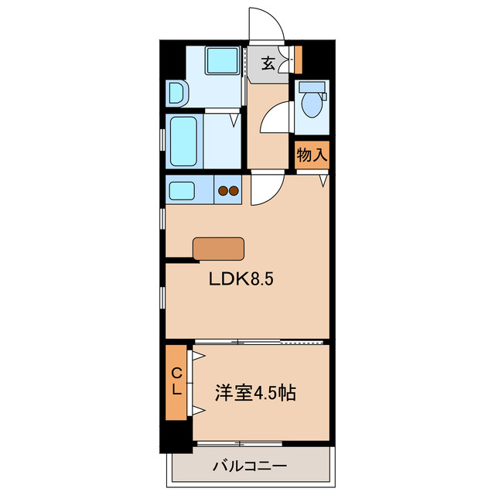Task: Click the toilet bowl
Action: point(312,105)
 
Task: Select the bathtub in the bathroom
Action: point(184,141)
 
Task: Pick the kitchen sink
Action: point(184,190)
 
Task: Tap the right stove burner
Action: point(233,190)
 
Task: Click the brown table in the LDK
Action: point(219,247)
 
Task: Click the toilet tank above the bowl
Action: point(312,87)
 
